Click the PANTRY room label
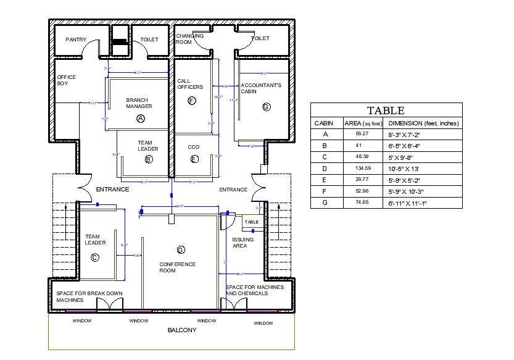click(x=76, y=40)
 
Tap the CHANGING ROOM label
click(x=189, y=40)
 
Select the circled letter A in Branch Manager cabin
click(x=140, y=117)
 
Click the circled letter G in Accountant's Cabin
click(x=267, y=107)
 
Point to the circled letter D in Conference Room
click(x=181, y=250)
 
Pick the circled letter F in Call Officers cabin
click(x=192, y=101)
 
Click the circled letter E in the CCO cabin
click(x=194, y=159)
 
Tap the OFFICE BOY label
click(x=66, y=80)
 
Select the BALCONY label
click(x=182, y=330)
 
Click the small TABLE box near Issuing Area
click(x=252, y=222)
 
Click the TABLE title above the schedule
click(x=386, y=111)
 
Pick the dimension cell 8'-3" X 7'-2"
click(x=404, y=134)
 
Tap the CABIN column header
click(x=324, y=123)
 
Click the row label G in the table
click(x=325, y=203)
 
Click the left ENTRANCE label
click(x=112, y=190)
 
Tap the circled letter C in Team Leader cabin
click(x=95, y=257)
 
